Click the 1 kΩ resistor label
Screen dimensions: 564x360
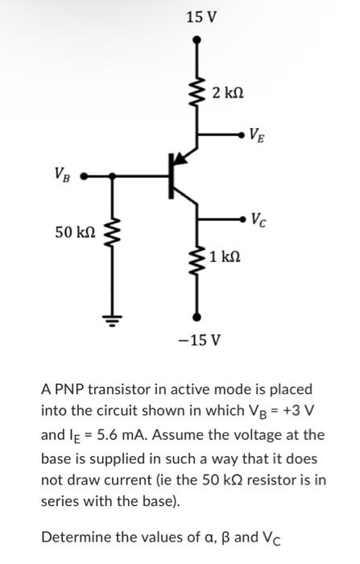[x=226, y=258]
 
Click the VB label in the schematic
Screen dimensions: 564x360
[x=61, y=172]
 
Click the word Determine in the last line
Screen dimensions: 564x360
[x=77, y=537]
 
